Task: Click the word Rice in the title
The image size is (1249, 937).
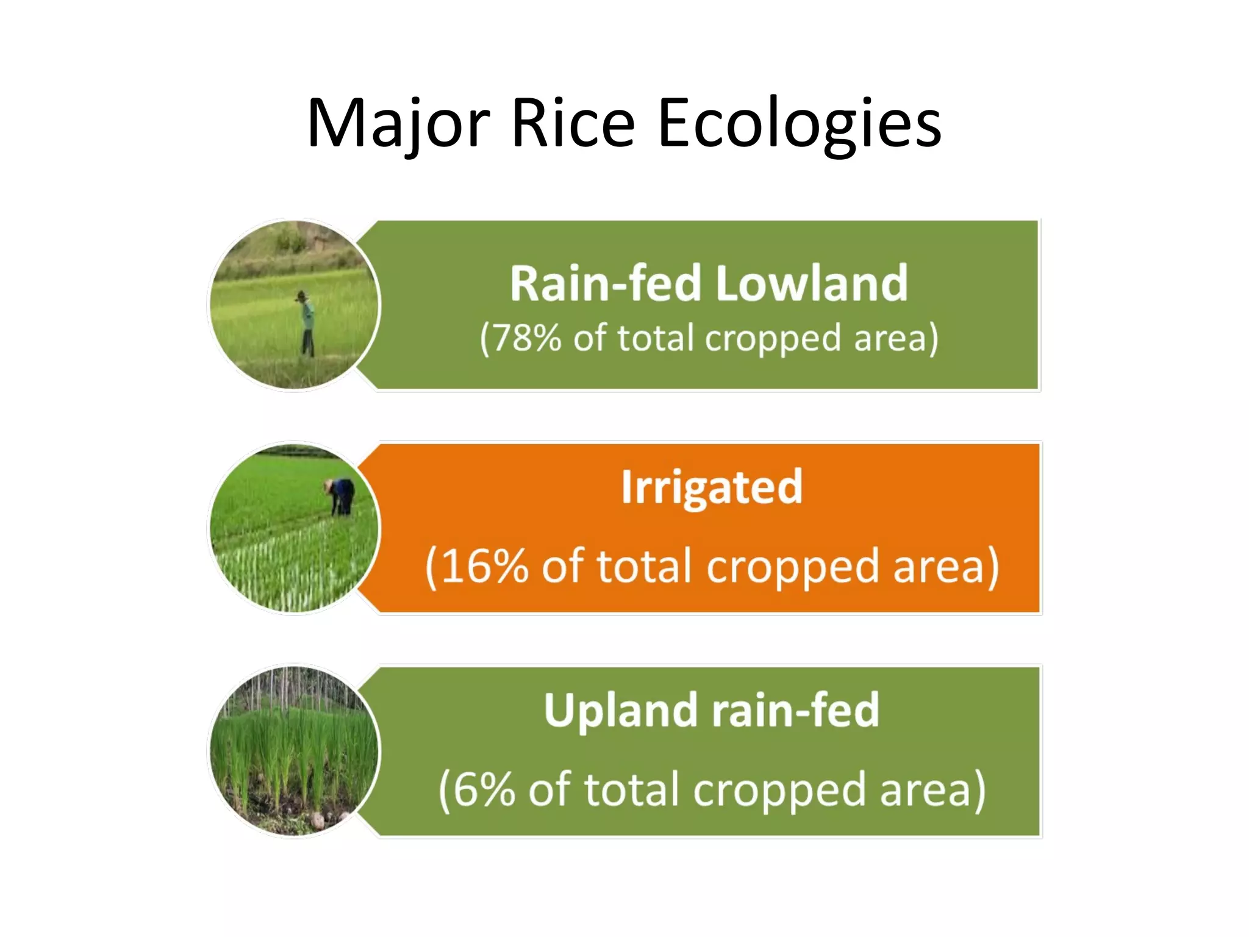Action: [x=573, y=124]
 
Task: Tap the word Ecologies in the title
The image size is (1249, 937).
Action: [x=800, y=124]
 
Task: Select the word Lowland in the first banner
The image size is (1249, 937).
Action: [x=811, y=284]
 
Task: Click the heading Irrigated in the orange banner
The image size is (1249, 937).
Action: [x=711, y=487]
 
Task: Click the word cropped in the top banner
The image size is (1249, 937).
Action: [x=773, y=339]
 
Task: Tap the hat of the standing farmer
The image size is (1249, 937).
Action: [x=301, y=296]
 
